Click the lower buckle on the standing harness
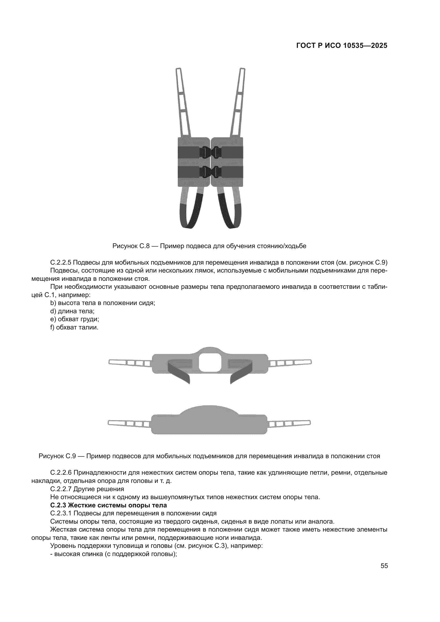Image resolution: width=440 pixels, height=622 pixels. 210,172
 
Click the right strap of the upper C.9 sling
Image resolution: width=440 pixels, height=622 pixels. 290,362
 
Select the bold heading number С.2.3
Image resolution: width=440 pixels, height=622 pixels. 58,505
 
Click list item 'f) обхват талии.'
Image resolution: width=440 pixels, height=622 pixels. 74,328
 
